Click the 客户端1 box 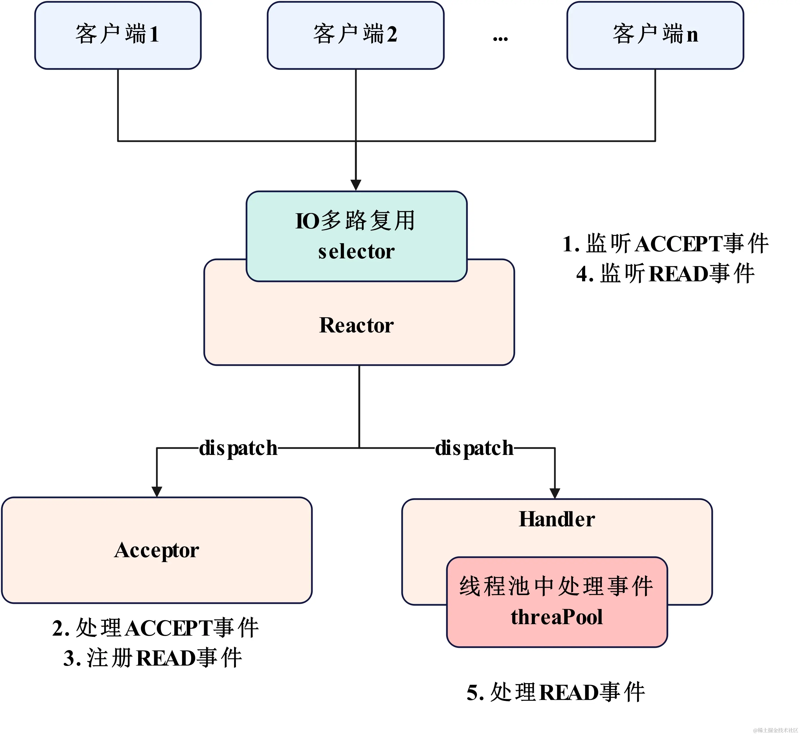[118, 35]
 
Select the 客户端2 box [355, 35]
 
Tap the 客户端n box [655, 35]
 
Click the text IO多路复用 [355, 221]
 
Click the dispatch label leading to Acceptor [238, 448]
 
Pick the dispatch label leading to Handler [474, 448]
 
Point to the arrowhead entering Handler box [554, 493]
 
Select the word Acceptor [156, 551]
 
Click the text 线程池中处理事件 [556, 586]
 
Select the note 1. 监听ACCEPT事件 [665, 244]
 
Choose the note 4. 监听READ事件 [665, 274]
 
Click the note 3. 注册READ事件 [153, 658]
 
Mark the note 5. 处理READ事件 [556, 692]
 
